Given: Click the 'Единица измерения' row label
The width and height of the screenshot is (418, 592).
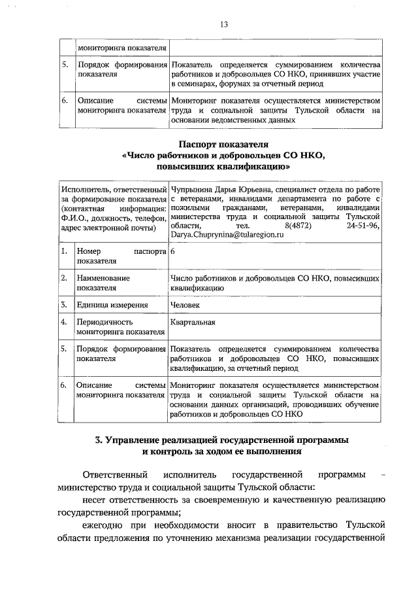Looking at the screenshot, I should pyautogui.click(x=112, y=304).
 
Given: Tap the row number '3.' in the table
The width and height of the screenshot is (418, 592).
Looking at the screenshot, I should pyautogui.click(x=65, y=304).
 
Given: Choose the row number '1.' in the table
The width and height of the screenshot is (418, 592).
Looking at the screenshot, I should pyautogui.click(x=65, y=251).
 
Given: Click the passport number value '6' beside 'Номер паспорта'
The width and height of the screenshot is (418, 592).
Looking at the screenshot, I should pyautogui.click(x=172, y=251).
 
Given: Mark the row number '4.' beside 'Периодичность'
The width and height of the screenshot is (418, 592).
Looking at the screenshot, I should pyautogui.click(x=65, y=322).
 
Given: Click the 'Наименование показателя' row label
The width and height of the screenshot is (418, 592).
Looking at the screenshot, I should pyautogui.click(x=103, y=282).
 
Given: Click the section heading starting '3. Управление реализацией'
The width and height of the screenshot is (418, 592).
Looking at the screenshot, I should pyautogui.click(x=223, y=440).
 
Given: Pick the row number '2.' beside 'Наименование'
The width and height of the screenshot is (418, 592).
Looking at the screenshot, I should pyautogui.click(x=65, y=277).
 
